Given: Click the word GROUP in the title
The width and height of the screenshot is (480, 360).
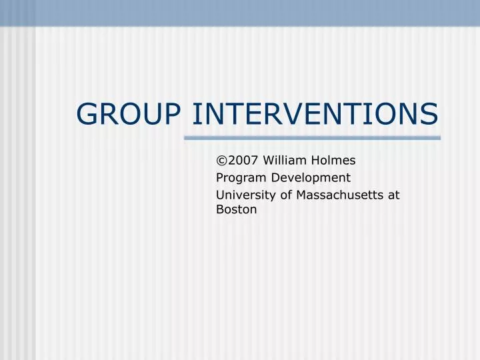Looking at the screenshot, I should [129, 114].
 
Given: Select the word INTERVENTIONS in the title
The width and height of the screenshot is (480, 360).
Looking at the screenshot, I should [315, 114].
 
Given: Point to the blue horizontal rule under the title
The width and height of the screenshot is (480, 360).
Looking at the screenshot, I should [312, 138].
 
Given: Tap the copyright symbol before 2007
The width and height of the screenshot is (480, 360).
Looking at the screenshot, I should [221, 160].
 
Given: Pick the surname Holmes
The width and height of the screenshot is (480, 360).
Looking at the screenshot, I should [332, 160].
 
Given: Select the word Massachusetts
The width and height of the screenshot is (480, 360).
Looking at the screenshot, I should [343, 194].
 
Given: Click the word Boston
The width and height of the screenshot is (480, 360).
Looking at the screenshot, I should [236, 209].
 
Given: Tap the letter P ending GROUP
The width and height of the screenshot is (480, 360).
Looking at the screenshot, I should [172, 114].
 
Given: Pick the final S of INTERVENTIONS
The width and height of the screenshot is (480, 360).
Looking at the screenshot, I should [430, 114].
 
